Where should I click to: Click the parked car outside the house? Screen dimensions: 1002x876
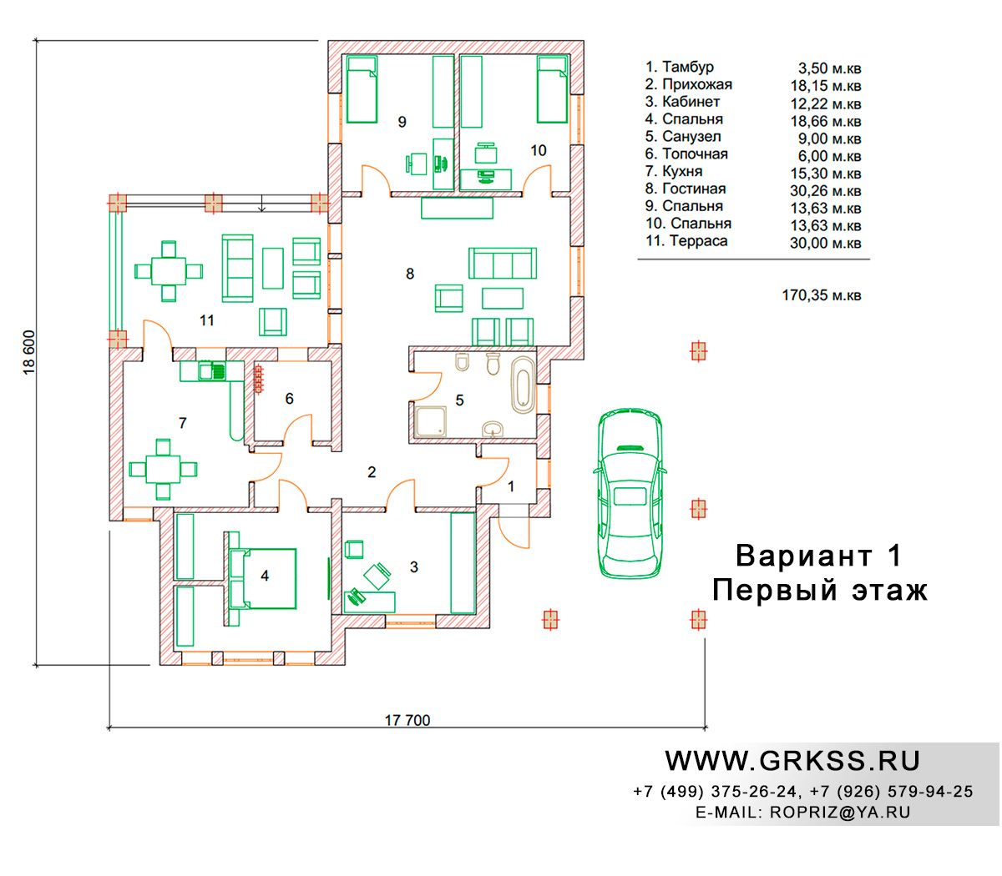[x=630, y=492]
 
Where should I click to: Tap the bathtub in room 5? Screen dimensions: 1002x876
[x=523, y=385]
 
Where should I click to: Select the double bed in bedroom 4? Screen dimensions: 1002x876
[x=265, y=578]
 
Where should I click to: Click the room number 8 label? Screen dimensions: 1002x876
[x=410, y=274]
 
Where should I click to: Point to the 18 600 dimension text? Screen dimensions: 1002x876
[x=29, y=352]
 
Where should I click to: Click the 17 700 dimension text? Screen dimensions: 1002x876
[x=407, y=720]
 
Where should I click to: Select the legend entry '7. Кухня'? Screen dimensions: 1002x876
[x=673, y=171]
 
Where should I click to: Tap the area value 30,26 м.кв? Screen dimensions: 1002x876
[x=825, y=191]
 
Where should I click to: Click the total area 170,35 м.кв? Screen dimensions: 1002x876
[x=822, y=295]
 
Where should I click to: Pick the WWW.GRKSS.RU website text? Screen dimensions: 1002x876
[x=792, y=761]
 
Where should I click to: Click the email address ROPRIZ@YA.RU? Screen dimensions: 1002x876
[x=840, y=813]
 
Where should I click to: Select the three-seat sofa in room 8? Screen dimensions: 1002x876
[x=502, y=263]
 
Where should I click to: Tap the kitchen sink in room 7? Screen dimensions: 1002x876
[x=212, y=371]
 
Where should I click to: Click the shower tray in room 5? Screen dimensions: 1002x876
[x=431, y=420]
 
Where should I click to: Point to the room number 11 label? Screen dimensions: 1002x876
[x=207, y=320]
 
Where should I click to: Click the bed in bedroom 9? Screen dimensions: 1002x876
[x=362, y=88]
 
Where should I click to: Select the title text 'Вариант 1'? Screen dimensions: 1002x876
[x=818, y=556]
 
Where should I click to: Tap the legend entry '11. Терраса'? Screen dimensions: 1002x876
[x=686, y=241]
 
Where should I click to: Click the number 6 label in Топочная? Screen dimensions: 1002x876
[x=290, y=398]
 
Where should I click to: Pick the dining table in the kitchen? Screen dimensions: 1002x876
[x=163, y=469]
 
